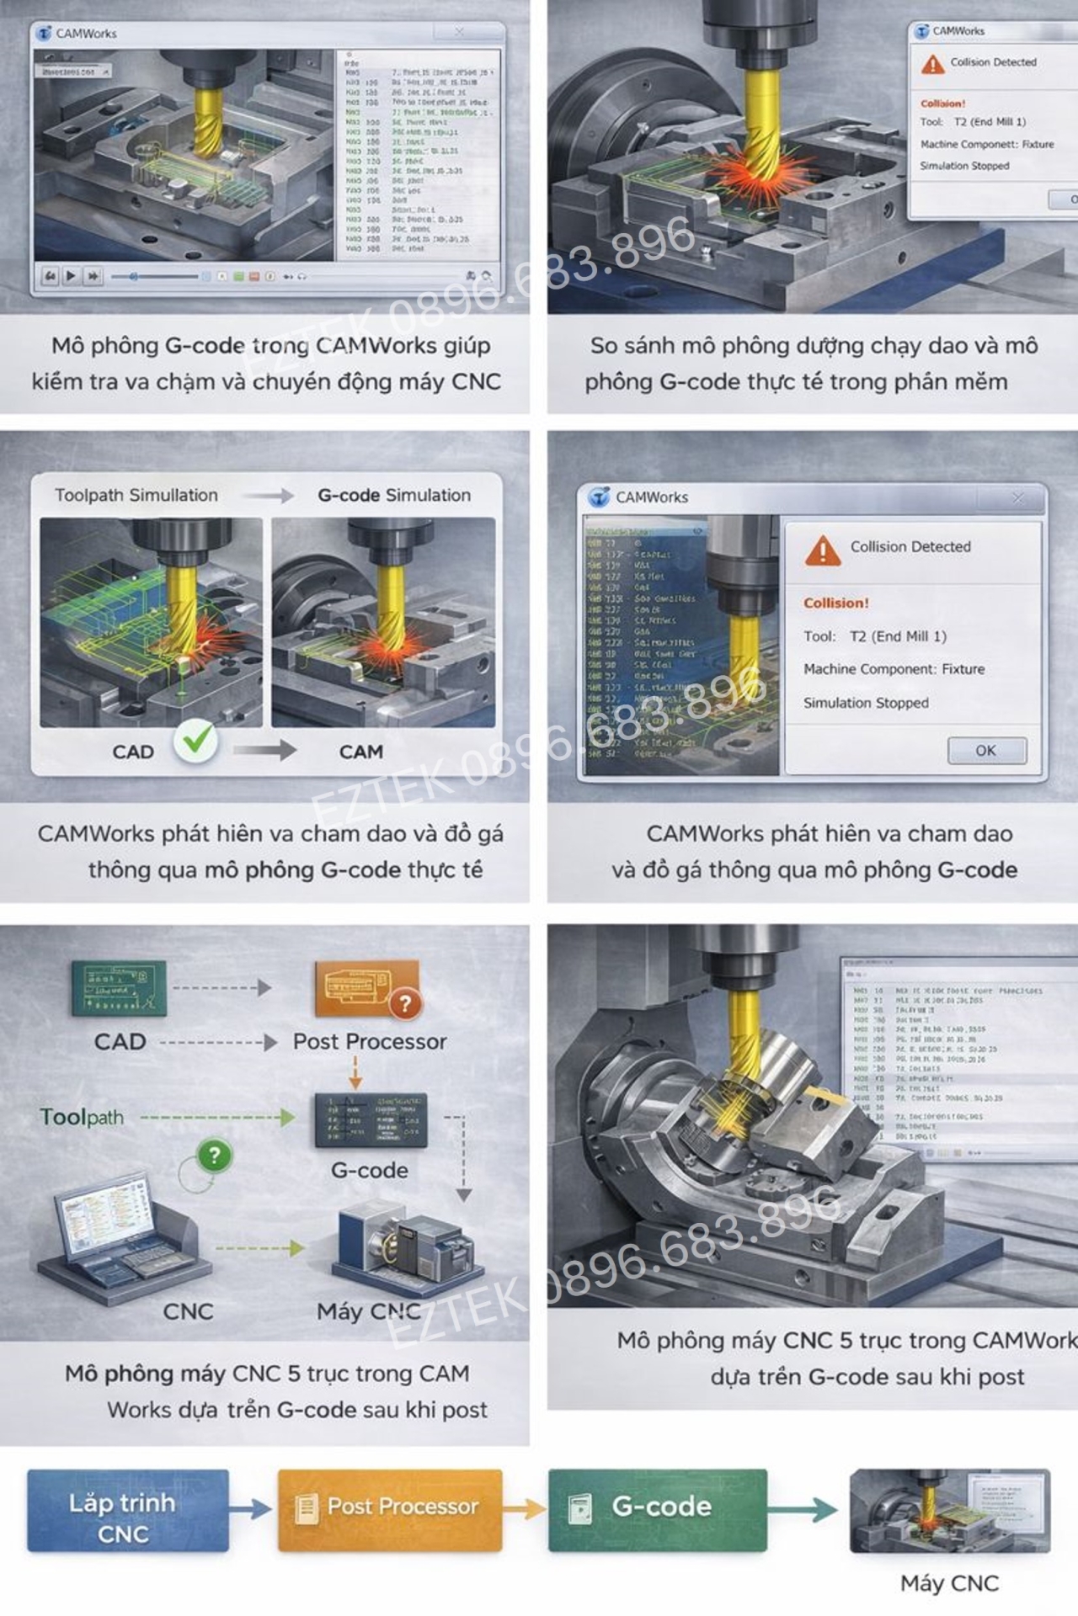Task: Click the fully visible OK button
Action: (986, 750)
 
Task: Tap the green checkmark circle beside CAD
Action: (195, 742)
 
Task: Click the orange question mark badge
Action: (406, 1002)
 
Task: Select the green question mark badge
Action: (214, 1155)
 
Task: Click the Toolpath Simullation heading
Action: (136, 495)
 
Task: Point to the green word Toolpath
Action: (82, 1117)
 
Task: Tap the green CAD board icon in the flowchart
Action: (119, 988)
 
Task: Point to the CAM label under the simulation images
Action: (360, 752)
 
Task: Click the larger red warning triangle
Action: (822, 550)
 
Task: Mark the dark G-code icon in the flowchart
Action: (371, 1121)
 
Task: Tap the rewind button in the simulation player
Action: (51, 276)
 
